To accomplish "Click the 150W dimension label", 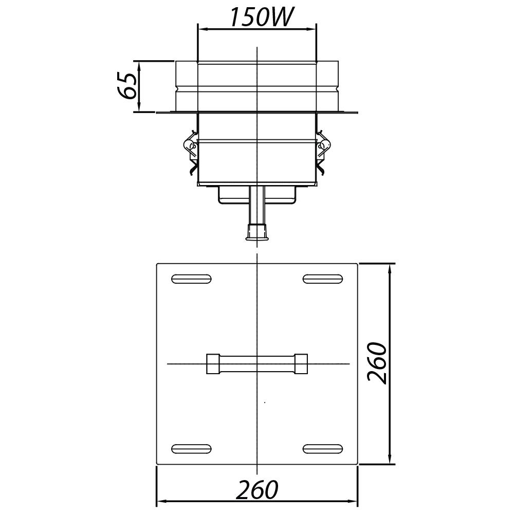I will pos(261,17).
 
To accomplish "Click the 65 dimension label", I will pos(127,86).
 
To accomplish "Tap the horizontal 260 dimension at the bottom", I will pos(257,490).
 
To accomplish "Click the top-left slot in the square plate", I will pos(191,279).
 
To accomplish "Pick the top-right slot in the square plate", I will pos(322,279).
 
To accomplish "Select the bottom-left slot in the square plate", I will pos(191,449).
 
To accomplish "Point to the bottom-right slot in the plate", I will pos(322,449).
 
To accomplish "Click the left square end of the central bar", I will pos(213,363).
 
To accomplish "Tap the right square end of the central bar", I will pos(301,363).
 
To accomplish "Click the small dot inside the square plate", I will pos(265,402).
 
